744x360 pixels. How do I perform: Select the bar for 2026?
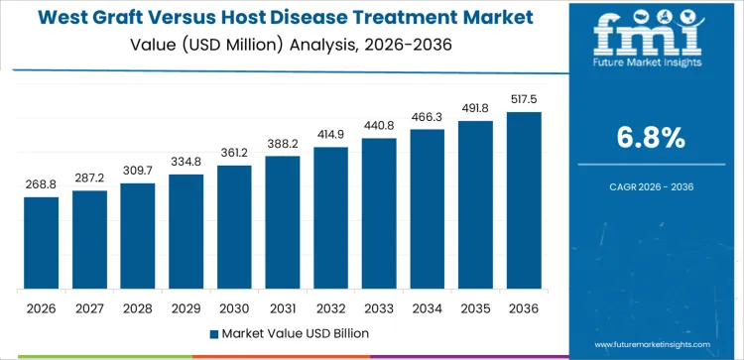[42, 243]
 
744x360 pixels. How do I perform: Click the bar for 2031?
[283, 223]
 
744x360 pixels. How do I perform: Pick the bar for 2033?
[379, 214]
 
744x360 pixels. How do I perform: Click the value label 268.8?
[42, 183]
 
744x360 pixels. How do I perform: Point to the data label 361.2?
[234, 153]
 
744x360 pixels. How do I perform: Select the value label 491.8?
[475, 109]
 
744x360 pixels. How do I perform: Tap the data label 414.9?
[330, 134]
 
